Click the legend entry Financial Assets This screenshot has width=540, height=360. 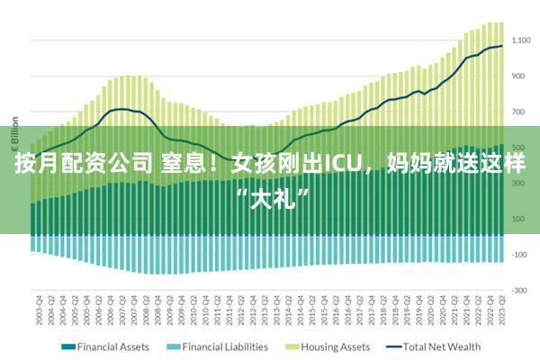point(112,346)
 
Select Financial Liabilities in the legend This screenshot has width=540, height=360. point(225,346)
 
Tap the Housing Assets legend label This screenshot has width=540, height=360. point(335,346)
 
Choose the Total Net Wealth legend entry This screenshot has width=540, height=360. point(442,346)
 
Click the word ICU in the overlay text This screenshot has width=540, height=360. point(341,165)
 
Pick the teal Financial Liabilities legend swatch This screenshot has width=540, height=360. point(174,346)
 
